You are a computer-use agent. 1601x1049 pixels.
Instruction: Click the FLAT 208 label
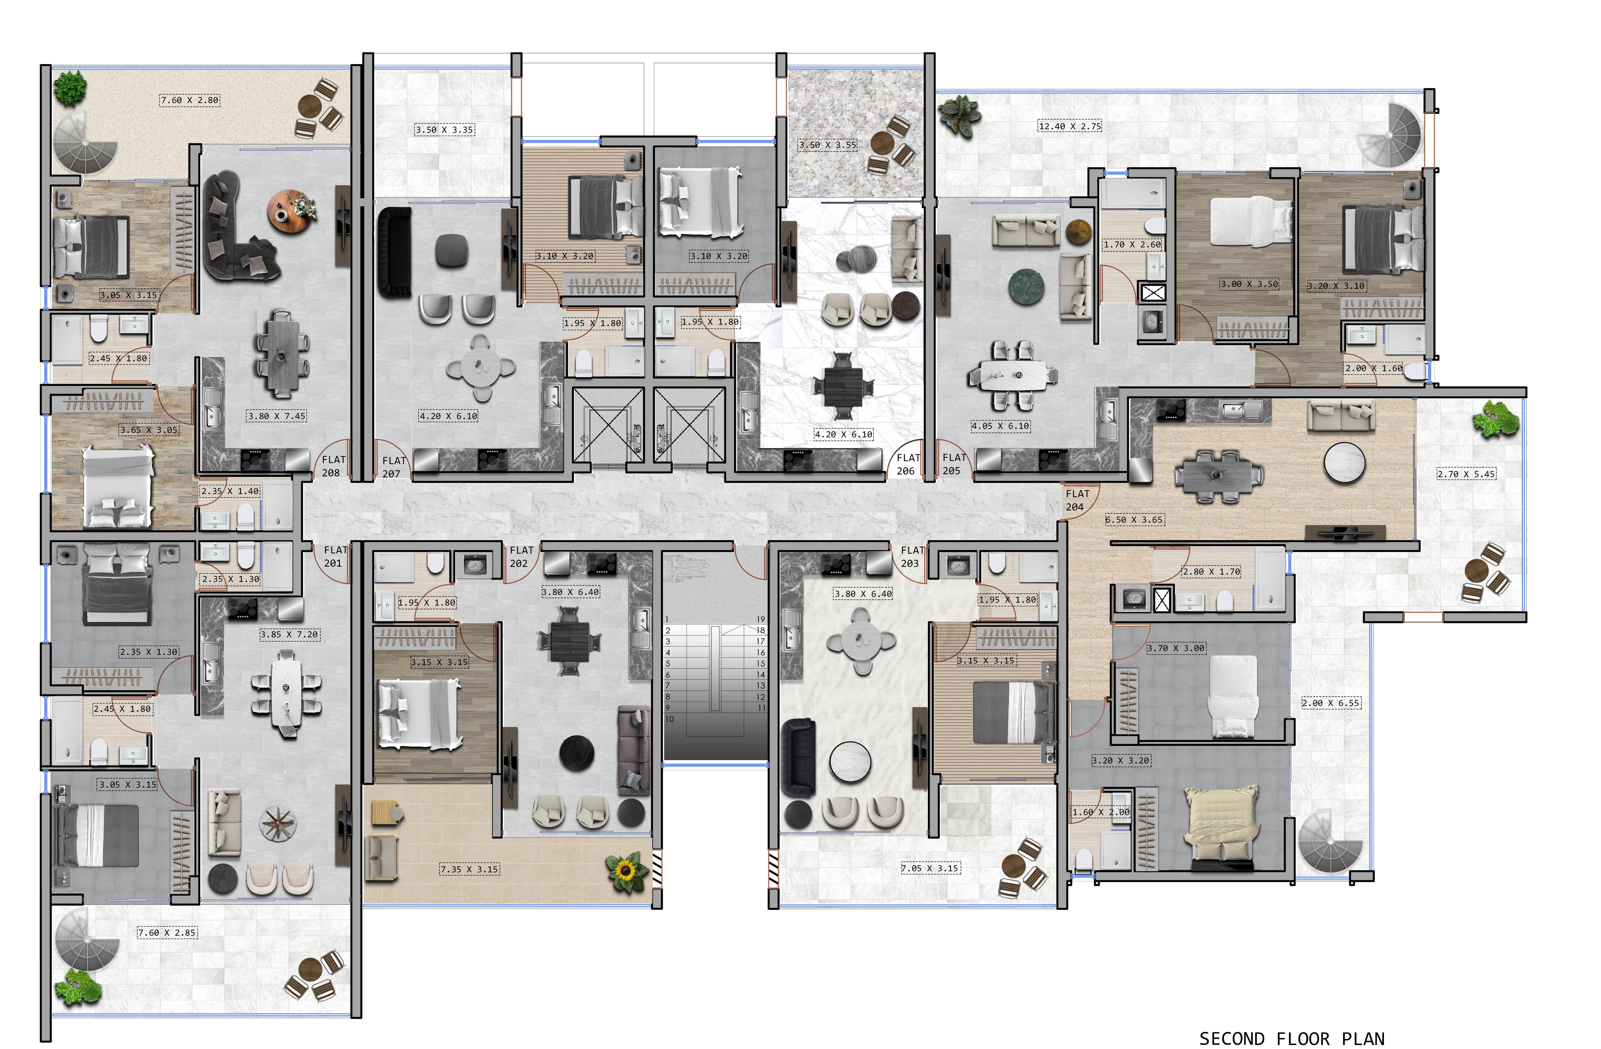pos(333,466)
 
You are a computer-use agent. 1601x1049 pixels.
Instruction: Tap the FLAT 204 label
pos(1076,500)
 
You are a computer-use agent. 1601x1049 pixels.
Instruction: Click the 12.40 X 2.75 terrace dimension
pos(1070,126)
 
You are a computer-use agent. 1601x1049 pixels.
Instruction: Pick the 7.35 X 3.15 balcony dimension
pos(470,869)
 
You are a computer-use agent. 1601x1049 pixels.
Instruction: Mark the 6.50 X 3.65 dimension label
pos(1134,520)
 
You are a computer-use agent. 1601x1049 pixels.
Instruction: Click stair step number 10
pos(669,719)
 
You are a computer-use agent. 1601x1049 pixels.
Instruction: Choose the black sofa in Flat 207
pos(394,251)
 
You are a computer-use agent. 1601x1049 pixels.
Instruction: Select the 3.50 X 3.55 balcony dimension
pos(827,145)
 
